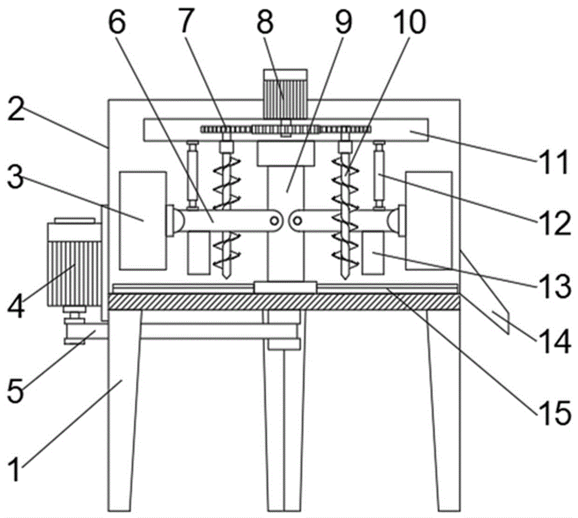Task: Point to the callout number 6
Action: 117,22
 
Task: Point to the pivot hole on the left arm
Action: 274,221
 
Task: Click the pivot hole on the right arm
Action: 297,221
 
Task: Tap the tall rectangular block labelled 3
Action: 143,220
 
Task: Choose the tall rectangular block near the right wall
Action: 429,220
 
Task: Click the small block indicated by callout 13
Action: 373,253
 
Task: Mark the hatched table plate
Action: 284,302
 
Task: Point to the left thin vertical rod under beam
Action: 192,176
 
